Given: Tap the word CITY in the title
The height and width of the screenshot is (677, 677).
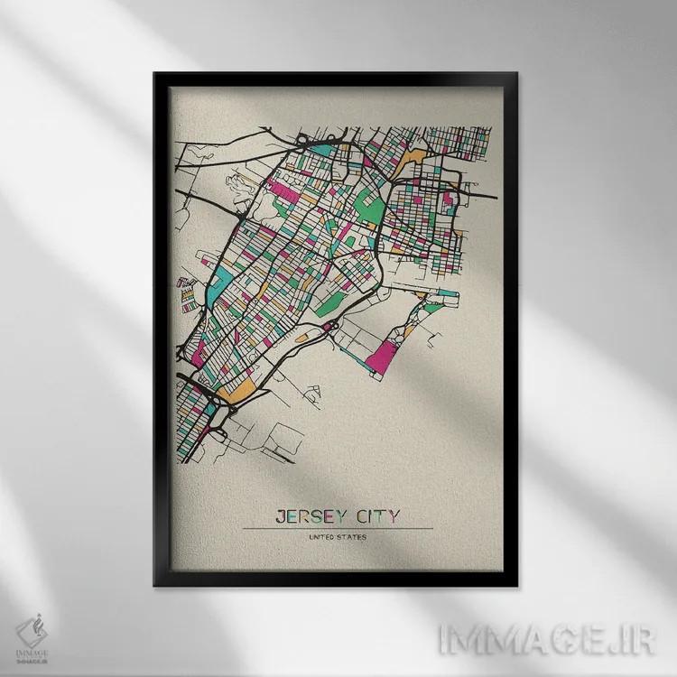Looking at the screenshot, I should pyautogui.click(x=375, y=517).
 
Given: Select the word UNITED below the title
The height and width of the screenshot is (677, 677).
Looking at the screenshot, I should pyautogui.click(x=320, y=538).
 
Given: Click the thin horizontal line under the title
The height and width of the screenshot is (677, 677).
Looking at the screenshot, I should pyautogui.click(x=338, y=528).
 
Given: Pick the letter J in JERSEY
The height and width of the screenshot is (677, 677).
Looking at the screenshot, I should pyautogui.click(x=278, y=517).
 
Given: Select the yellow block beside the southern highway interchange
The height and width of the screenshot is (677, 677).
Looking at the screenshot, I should pyautogui.click(x=242, y=391).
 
